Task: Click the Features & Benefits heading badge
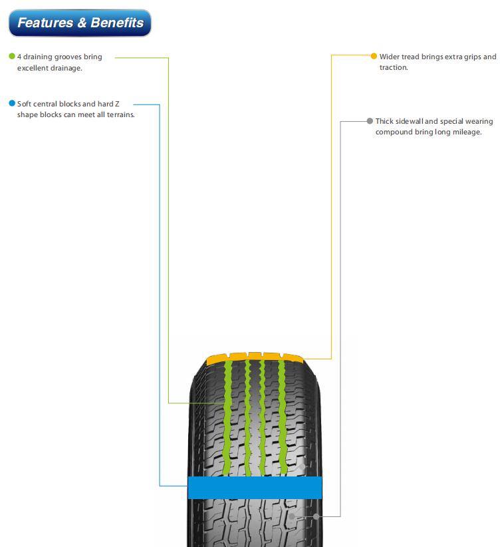point(80,23)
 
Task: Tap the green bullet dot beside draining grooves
point(12,56)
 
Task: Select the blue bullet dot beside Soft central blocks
point(12,103)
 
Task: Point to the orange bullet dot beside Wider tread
point(374,56)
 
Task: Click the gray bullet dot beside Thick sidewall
point(370,121)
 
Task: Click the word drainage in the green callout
point(66,68)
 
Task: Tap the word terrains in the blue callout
point(120,114)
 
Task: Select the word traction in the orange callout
point(394,67)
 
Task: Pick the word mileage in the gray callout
point(467,132)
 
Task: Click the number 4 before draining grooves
point(19,57)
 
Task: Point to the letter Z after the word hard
point(117,104)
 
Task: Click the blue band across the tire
point(255,488)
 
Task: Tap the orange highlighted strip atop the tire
point(255,357)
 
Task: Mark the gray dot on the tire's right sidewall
point(316,516)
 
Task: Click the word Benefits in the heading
point(117,23)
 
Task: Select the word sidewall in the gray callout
point(410,121)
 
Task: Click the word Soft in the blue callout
point(24,104)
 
